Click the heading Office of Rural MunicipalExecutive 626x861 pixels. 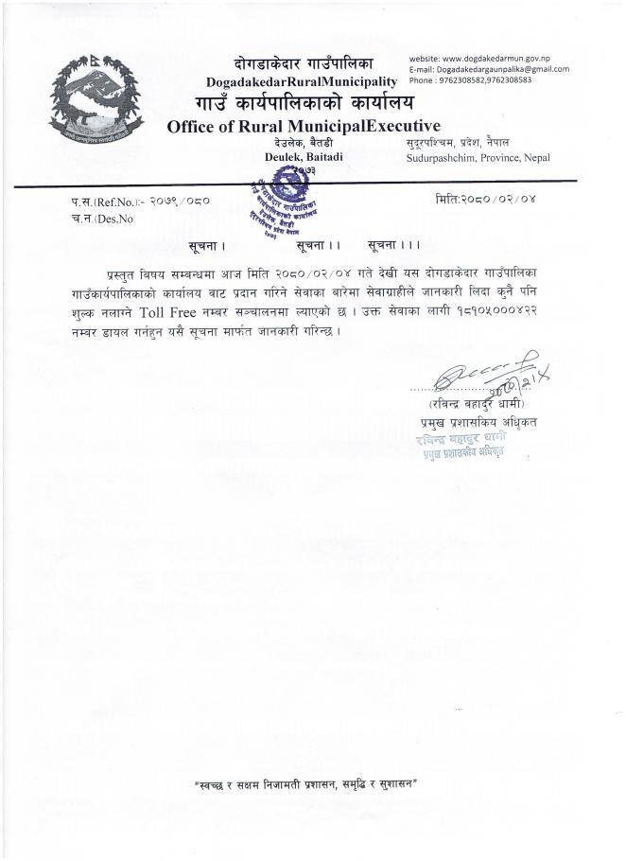(x=304, y=126)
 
